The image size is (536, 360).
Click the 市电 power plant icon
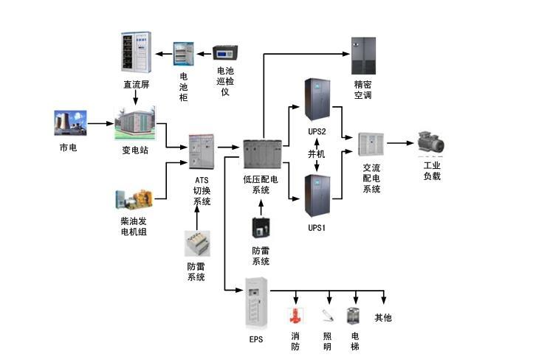coord(70,123)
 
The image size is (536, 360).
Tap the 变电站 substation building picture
coord(135,122)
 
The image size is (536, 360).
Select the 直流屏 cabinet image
coord(136,52)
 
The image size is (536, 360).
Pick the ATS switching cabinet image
coord(202,150)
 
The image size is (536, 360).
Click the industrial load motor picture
coord(431,141)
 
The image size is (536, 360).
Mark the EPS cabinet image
coord(256,302)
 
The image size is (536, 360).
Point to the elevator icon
coord(353,316)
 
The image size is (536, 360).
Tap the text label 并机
coord(317,153)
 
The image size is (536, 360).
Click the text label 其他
coord(383,318)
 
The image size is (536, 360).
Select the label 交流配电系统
coord(371,179)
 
